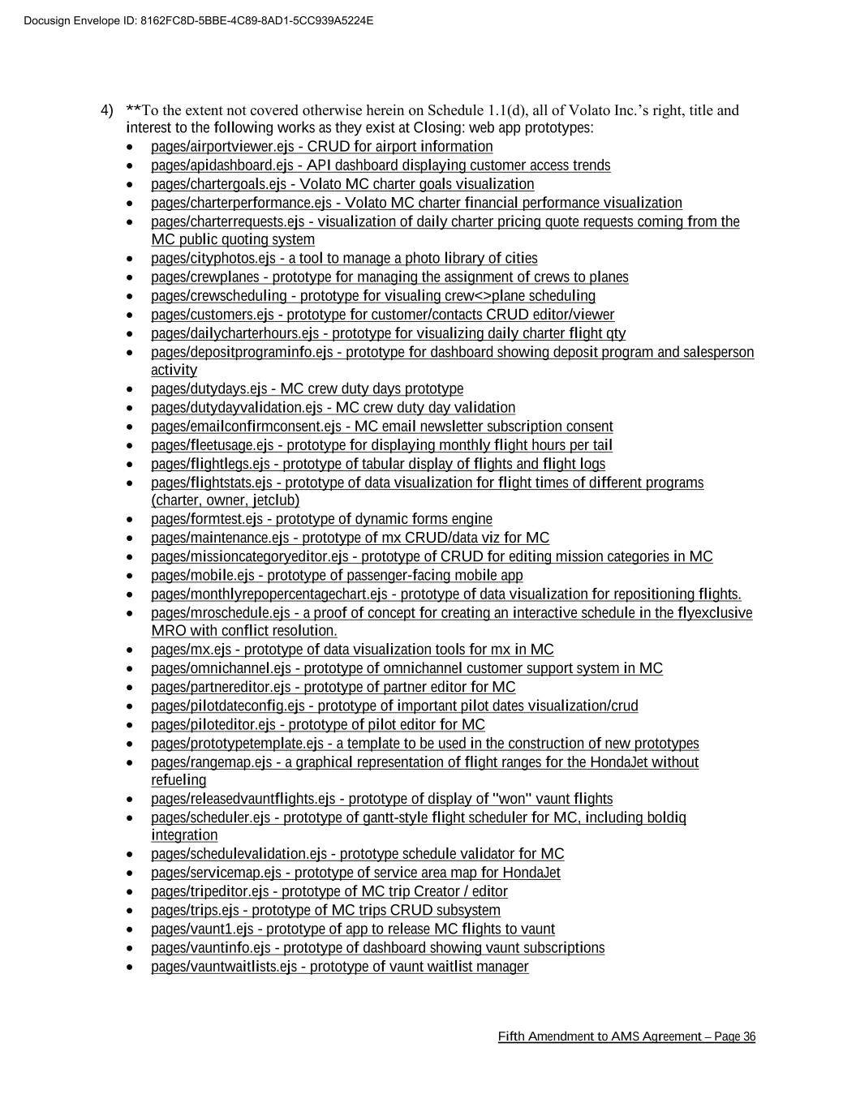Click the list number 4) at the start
[107, 109]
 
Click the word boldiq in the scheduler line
[666, 817]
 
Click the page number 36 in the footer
[749, 1036]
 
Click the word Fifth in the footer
[511, 1036]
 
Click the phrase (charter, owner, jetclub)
[226, 500]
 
